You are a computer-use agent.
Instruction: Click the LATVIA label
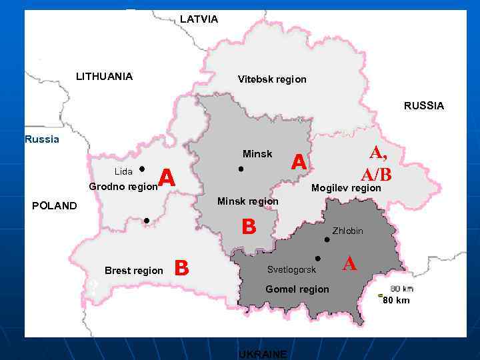(x=199, y=19)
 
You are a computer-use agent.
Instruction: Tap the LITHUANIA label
(x=104, y=76)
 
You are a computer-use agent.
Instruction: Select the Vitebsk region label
(x=272, y=79)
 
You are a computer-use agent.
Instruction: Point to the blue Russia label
(x=41, y=139)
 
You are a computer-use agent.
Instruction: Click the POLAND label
(x=55, y=205)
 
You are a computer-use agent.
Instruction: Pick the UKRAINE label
(x=263, y=353)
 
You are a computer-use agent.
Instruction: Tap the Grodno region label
(x=123, y=187)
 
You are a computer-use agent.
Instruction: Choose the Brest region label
(x=133, y=271)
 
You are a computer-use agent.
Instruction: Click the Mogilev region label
(x=346, y=188)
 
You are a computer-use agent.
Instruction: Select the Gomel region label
(x=297, y=289)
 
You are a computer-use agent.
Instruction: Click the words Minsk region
(x=248, y=201)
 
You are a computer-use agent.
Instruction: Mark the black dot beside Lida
(x=143, y=169)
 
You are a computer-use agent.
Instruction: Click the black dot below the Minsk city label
(x=241, y=169)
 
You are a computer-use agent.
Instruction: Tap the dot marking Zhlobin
(x=327, y=239)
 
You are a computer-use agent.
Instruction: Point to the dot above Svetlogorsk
(x=318, y=258)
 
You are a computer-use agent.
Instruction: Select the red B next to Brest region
(x=181, y=268)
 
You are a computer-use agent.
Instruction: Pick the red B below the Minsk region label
(x=249, y=227)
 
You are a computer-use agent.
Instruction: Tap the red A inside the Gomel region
(x=349, y=264)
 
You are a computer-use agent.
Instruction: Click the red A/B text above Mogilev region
(x=376, y=174)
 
